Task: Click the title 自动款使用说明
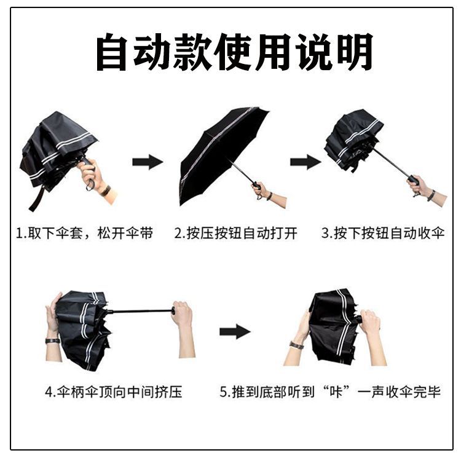[234, 52]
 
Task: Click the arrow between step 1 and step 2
[148, 162]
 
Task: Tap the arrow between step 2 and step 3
[305, 162]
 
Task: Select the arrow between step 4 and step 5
[235, 332]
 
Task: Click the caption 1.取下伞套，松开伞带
[84, 234]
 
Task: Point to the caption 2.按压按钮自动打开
[235, 234]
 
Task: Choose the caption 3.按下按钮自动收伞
[383, 234]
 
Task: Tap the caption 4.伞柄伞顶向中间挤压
[114, 392]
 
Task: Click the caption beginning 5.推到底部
[330, 392]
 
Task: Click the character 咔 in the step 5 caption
[336, 392]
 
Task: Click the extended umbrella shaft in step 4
[141, 311]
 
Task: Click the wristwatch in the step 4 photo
[53, 341]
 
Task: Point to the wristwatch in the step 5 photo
[296, 345]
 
